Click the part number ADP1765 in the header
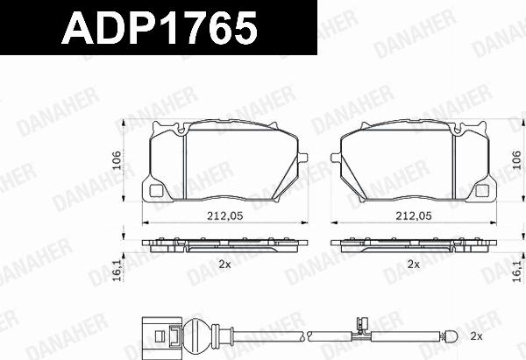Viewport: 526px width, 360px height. [158, 30]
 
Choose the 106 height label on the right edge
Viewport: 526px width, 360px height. [517, 160]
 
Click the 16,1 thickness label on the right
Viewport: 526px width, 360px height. [517, 272]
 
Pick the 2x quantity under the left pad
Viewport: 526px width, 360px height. [224, 264]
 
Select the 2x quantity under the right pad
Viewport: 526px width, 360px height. [413, 264]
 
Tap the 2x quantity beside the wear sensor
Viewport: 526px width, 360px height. [476, 336]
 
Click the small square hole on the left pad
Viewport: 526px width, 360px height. [158, 191]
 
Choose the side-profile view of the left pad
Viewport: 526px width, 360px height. [226, 244]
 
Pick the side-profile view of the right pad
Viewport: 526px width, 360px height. [413, 244]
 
